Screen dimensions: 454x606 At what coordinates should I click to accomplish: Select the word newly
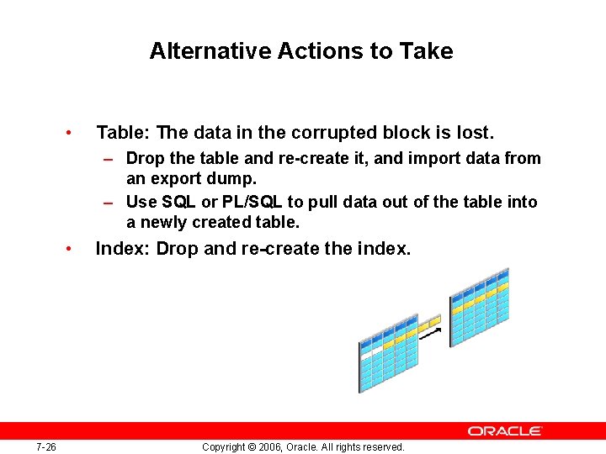[x=162, y=222]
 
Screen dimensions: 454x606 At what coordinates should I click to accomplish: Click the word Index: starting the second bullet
[x=123, y=249]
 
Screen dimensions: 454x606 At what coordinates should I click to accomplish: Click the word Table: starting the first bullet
[x=124, y=133]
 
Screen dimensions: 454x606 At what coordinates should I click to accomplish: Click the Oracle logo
[x=505, y=430]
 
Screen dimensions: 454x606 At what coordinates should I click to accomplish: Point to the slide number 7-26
[x=46, y=447]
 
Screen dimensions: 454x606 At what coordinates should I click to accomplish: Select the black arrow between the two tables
[x=430, y=334]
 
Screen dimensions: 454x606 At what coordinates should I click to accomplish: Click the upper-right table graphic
[x=480, y=301]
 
